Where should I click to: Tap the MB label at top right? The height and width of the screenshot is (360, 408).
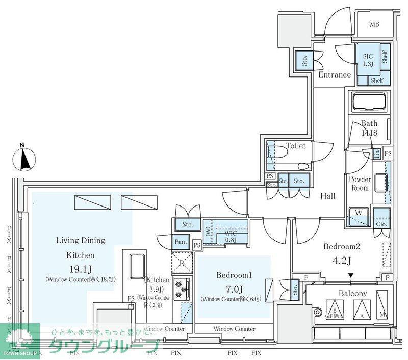(x=375, y=24)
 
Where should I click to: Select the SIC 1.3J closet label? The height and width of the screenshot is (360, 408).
(x=368, y=60)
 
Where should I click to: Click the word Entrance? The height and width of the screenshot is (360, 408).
(x=335, y=75)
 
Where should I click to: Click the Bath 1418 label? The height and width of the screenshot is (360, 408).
(x=369, y=128)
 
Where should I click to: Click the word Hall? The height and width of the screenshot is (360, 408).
(x=328, y=196)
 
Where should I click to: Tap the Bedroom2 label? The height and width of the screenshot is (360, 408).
(x=342, y=247)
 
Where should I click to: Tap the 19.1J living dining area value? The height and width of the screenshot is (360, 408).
(x=80, y=269)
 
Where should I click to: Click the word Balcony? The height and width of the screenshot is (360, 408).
(x=353, y=294)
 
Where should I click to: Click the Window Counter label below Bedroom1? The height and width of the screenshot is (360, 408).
(x=234, y=329)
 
